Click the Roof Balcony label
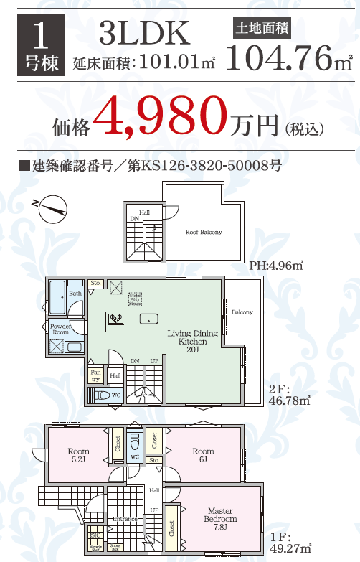click(x=204, y=233)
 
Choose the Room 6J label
click(x=203, y=455)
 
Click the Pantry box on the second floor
click(x=95, y=374)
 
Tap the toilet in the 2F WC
click(x=100, y=395)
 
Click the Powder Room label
click(x=60, y=329)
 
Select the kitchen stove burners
click(x=115, y=318)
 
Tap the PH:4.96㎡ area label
click(x=276, y=266)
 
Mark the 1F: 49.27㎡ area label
click(x=290, y=543)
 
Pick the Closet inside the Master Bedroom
click(x=171, y=529)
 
